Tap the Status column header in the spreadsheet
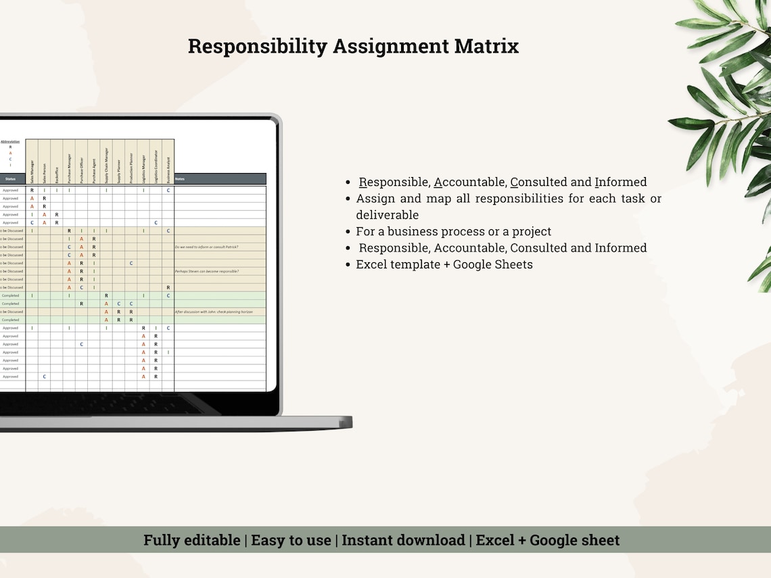[10, 179]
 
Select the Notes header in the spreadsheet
[180, 179]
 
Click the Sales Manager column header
[32, 170]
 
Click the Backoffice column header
[57, 172]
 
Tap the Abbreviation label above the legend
[10, 141]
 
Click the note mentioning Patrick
[206, 247]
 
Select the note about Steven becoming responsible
[207, 271]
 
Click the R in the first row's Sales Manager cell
[32, 191]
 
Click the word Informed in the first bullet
[620, 182]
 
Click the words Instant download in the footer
[403, 540]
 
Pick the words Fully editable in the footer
[191, 540]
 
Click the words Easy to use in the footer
[291, 540]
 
